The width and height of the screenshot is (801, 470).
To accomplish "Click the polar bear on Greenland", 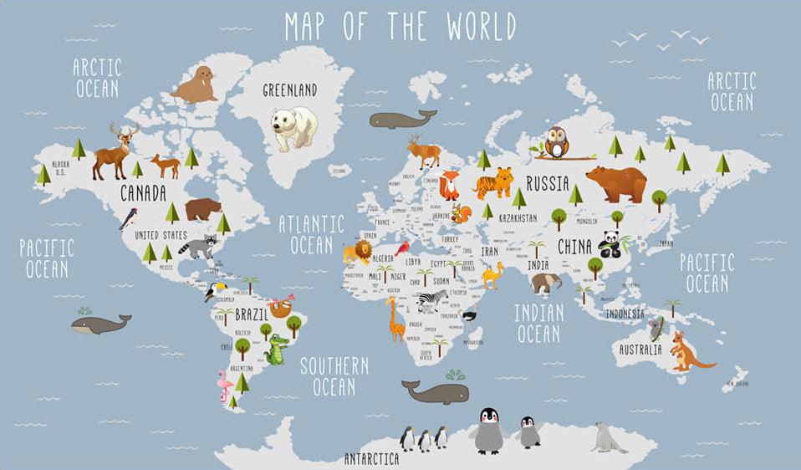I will coord(293,127).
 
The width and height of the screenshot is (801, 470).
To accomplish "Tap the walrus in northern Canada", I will coord(196,85).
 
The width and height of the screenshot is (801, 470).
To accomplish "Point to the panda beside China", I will coord(609,243).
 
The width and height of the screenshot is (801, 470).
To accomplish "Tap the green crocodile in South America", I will coord(277,349).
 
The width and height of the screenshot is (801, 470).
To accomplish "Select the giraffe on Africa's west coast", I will coord(395,319).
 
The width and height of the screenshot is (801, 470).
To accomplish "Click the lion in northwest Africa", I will coord(356,252).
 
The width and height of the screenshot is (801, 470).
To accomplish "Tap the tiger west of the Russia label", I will coord(496,181).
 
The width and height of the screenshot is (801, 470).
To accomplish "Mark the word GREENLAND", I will coord(289,90).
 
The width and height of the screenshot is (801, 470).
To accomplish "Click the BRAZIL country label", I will coord(252,314).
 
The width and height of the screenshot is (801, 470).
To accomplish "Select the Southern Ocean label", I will coord(334,376).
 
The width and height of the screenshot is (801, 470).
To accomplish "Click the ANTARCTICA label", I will coord(371,459).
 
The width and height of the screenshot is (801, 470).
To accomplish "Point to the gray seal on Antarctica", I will coord(608,437).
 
